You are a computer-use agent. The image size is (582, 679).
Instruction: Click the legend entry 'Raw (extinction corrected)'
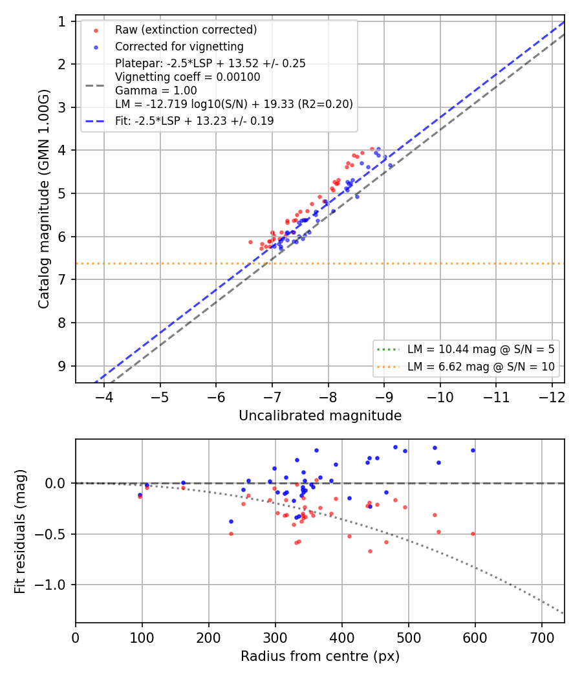(x=186, y=30)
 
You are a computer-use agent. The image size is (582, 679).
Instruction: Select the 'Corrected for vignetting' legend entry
(x=179, y=47)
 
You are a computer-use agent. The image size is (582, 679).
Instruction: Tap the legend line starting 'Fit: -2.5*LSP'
(x=195, y=121)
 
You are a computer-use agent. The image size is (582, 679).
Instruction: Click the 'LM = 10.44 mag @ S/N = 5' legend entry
(x=480, y=349)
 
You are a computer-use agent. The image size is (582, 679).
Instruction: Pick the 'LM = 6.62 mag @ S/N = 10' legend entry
(x=480, y=367)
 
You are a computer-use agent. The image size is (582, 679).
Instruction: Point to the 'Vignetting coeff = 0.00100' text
(x=188, y=77)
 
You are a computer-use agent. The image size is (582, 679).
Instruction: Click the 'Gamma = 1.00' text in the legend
(x=156, y=91)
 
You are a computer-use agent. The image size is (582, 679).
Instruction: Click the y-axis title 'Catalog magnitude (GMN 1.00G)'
(x=44, y=199)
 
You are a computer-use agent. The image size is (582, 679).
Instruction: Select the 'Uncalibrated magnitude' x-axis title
(x=320, y=416)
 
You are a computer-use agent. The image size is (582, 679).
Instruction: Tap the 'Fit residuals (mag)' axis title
(x=20, y=532)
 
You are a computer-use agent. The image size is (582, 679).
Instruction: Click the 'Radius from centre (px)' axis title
(x=320, y=656)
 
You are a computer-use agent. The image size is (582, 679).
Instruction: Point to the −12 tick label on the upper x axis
(x=552, y=397)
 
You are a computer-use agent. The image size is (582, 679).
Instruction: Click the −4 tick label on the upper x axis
(x=104, y=397)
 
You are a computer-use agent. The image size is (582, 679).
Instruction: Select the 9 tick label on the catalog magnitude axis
(x=62, y=367)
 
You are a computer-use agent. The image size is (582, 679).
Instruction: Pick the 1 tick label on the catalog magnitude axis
(x=62, y=21)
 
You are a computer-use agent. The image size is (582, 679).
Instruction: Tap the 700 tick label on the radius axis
(x=542, y=638)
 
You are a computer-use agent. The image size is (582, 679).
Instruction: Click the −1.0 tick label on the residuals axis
(x=51, y=585)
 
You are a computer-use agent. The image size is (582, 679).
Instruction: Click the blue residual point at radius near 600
(x=473, y=451)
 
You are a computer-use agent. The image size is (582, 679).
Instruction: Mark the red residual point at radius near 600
(x=473, y=534)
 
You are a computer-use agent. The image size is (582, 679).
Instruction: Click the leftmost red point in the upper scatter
(x=250, y=242)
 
